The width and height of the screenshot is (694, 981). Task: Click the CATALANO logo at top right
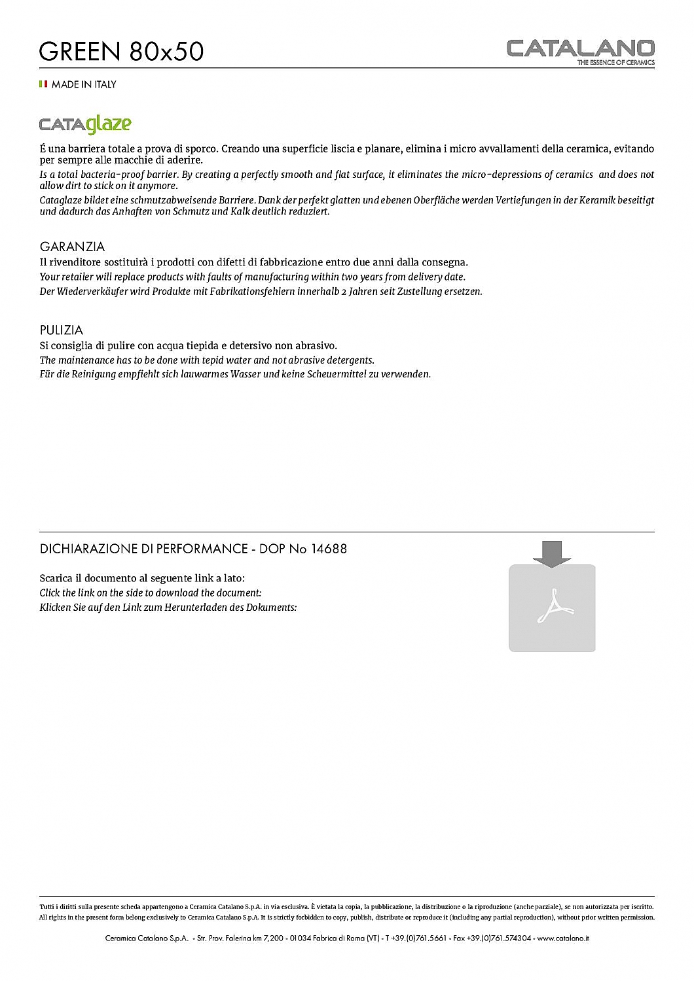coord(580,48)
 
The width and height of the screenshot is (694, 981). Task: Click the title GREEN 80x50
coord(121,51)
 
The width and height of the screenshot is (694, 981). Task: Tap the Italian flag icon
coord(43,84)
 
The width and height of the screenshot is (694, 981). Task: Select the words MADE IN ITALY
coord(84,84)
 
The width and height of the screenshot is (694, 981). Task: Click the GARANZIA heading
coord(72,247)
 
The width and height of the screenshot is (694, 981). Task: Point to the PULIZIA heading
coord(62,330)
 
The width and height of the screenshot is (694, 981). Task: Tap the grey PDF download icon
coord(552,608)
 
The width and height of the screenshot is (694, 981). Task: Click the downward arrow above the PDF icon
coord(552,553)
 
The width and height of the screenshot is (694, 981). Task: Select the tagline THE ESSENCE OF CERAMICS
coord(615,63)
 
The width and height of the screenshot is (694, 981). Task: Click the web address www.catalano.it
coord(563,938)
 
